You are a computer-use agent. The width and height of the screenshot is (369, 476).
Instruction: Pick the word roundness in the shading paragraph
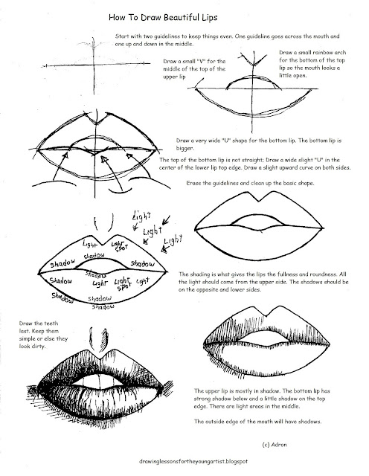pyautogui.click(x=346, y=274)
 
